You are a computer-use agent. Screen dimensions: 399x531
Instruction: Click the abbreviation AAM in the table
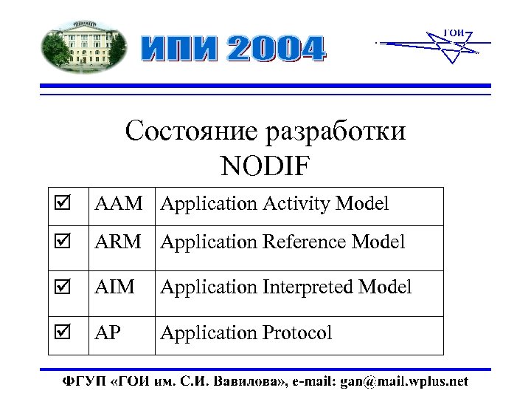118,204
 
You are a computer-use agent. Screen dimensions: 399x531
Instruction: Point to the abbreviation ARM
118,242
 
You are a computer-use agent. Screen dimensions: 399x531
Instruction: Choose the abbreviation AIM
114,287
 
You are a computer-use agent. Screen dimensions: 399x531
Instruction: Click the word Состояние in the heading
192,132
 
